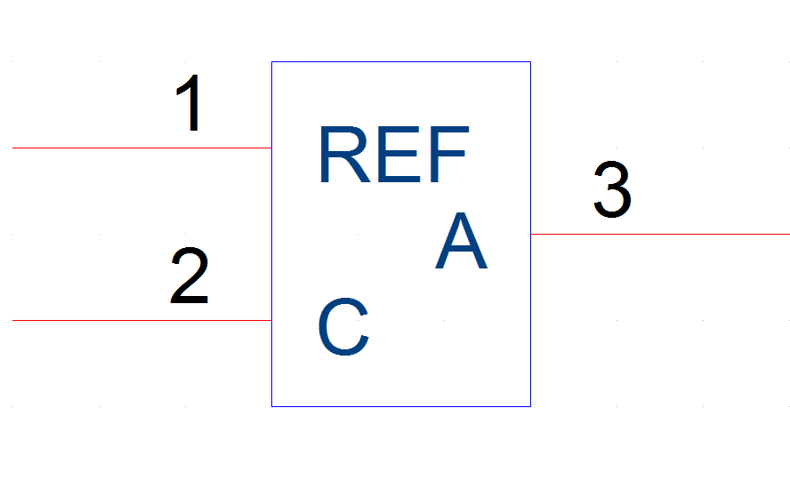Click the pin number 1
189,102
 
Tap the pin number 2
189,276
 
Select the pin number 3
612,189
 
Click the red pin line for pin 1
142,148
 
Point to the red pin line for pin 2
142,320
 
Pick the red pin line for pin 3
660,234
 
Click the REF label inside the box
394,155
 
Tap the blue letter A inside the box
461,241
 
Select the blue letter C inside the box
343,326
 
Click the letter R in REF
345,155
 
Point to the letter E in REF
399,155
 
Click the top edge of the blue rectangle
401,62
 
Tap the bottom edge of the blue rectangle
401,406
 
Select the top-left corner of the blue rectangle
272,62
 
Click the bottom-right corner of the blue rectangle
530,406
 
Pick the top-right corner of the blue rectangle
530,62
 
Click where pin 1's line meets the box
272,148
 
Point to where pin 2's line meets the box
272,320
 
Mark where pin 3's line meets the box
530,234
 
